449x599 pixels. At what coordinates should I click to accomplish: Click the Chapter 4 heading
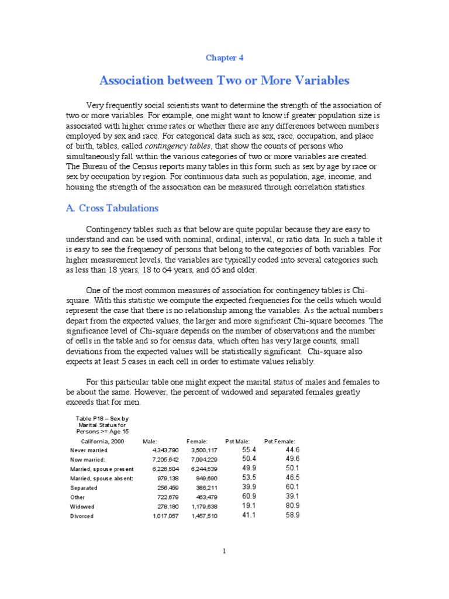click(x=224, y=58)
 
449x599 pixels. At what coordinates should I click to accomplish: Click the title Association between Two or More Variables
click(x=224, y=80)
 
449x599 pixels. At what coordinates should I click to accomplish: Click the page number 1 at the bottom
click(x=224, y=550)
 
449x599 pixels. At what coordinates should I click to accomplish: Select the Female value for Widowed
click(x=204, y=507)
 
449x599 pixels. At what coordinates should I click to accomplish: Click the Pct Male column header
click(x=237, y=440)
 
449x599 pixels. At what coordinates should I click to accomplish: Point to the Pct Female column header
click(x=279, y=440)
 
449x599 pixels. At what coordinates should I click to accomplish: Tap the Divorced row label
click(x=81, y=517)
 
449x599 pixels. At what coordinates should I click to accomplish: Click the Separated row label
click(x=84, y=488)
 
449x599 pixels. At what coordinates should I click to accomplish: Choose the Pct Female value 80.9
click(x=292, y=506)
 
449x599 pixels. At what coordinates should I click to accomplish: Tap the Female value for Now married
click(x=204, y=459)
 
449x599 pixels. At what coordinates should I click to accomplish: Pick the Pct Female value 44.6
click(x=292, y=449)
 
